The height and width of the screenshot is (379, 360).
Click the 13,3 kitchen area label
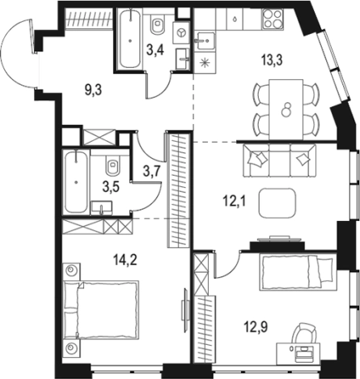(272, 60)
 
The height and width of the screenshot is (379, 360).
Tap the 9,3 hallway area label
(93, 91)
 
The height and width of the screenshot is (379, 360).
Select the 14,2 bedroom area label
(125, 260)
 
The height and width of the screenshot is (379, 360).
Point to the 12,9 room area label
(256, 327)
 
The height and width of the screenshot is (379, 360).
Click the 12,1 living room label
(234, 201)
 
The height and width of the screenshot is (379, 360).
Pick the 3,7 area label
(152, 171)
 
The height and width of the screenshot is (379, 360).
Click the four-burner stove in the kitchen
(273, 19)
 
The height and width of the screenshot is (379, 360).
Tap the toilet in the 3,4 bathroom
(158, 24)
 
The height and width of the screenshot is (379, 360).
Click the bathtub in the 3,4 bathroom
(130, 38)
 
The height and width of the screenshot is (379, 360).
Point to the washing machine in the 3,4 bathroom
(181, 32)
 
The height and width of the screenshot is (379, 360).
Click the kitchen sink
(205, 41)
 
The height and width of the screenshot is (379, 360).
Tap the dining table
(286, 109)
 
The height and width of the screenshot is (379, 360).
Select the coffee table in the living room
(277, 202)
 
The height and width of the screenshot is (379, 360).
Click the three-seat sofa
(279, 160)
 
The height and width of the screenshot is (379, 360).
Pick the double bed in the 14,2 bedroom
(101, 309)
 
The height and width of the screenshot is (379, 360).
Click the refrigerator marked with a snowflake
(205, 63)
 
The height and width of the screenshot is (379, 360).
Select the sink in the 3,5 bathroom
(101, 207)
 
